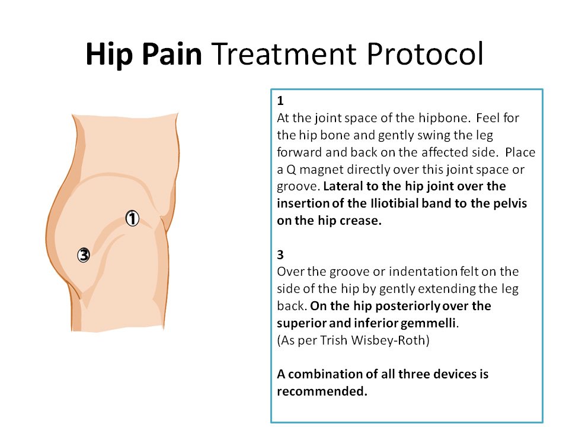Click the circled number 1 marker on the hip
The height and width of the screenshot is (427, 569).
[132, 218]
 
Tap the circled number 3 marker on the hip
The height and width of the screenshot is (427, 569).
[84, 255]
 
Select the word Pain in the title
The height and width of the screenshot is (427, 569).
[172, 54]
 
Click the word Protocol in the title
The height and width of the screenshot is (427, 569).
[424, 54]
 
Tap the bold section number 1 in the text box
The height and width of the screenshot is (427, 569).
[280, 101]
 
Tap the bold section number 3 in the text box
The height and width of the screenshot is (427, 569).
[280, 255]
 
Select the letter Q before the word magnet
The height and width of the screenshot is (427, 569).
[291, 170]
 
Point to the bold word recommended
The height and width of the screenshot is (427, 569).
[322, 391]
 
